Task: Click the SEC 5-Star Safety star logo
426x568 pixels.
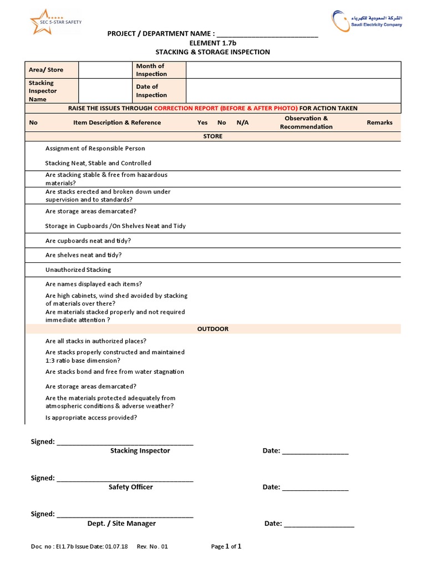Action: [54, 22]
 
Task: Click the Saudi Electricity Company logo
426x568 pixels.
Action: [367, 21]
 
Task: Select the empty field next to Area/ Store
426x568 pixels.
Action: [105, 70]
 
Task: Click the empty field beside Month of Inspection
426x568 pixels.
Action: [293, 70]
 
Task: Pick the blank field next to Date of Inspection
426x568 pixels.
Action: [293, 91]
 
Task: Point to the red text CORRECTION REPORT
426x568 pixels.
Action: [225, 108]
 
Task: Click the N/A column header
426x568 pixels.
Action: [242, 123]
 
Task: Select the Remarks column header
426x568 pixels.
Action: [379, 123]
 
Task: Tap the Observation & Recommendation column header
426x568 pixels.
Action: [306, 123]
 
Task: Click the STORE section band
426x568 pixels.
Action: [213, 136]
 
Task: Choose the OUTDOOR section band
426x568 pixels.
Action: [213, 329]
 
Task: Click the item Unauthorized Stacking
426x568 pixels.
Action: [78, 270]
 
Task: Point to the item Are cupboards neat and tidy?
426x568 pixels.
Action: [88, 241]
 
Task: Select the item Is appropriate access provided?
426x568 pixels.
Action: [91, 418]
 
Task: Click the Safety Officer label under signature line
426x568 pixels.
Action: [131, 487]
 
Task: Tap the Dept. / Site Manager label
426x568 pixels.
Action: [121, 523]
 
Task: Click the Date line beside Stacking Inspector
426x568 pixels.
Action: [315, 452]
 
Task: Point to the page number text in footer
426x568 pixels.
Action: [226, 546]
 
